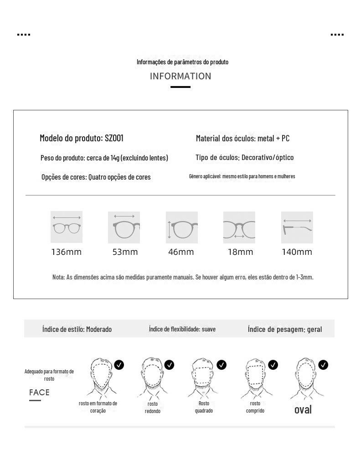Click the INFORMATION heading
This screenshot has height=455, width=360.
(x=180, y=76)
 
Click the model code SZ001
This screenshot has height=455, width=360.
(x=114, y=138)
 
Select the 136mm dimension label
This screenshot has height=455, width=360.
(x=67, y=252)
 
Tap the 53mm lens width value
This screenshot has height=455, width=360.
(x=125, y=252)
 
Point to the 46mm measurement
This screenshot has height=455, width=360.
(x=181, y=252)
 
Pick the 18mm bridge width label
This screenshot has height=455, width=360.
(x=240, y=252)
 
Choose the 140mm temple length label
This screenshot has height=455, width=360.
(x=297, y=252)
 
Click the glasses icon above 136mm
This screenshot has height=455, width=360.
(x=67, y=227)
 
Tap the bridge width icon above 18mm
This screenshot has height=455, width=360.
(x=239, y=227)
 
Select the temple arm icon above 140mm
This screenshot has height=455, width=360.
(x=297, y=227)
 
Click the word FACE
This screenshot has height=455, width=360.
(x=39, y=393)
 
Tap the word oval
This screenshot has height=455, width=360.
(x=303, y=409)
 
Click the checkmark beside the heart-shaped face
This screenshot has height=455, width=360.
(x=119, y=365)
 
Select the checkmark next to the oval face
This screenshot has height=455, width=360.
(x=323, y=365)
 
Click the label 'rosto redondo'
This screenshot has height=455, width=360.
(x=153, y=407)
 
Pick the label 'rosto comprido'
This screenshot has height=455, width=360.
(x=255, y=407)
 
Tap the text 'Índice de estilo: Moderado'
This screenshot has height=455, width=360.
(x=77, y=329)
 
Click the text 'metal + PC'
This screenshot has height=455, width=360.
(x=273, y=138)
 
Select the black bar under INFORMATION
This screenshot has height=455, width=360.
(x=180, y=87)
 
